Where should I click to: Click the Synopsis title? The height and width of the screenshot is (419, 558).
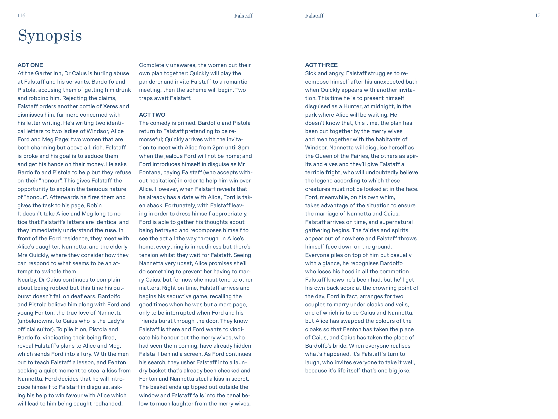tap(50, 36)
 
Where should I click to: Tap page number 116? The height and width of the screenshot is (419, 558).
tap(21, 16)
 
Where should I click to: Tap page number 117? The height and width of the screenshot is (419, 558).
tap(536, 16)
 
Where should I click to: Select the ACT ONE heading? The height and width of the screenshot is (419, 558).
tap(30, 65)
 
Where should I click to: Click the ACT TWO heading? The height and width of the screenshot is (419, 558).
tap(152, 115)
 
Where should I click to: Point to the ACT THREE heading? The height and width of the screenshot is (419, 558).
tap(321, 65)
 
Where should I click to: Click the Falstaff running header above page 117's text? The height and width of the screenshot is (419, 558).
tap(314, 16)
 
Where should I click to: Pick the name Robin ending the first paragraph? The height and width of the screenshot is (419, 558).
tap(94, 206)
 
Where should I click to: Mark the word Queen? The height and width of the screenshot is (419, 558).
tap(324, 156)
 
